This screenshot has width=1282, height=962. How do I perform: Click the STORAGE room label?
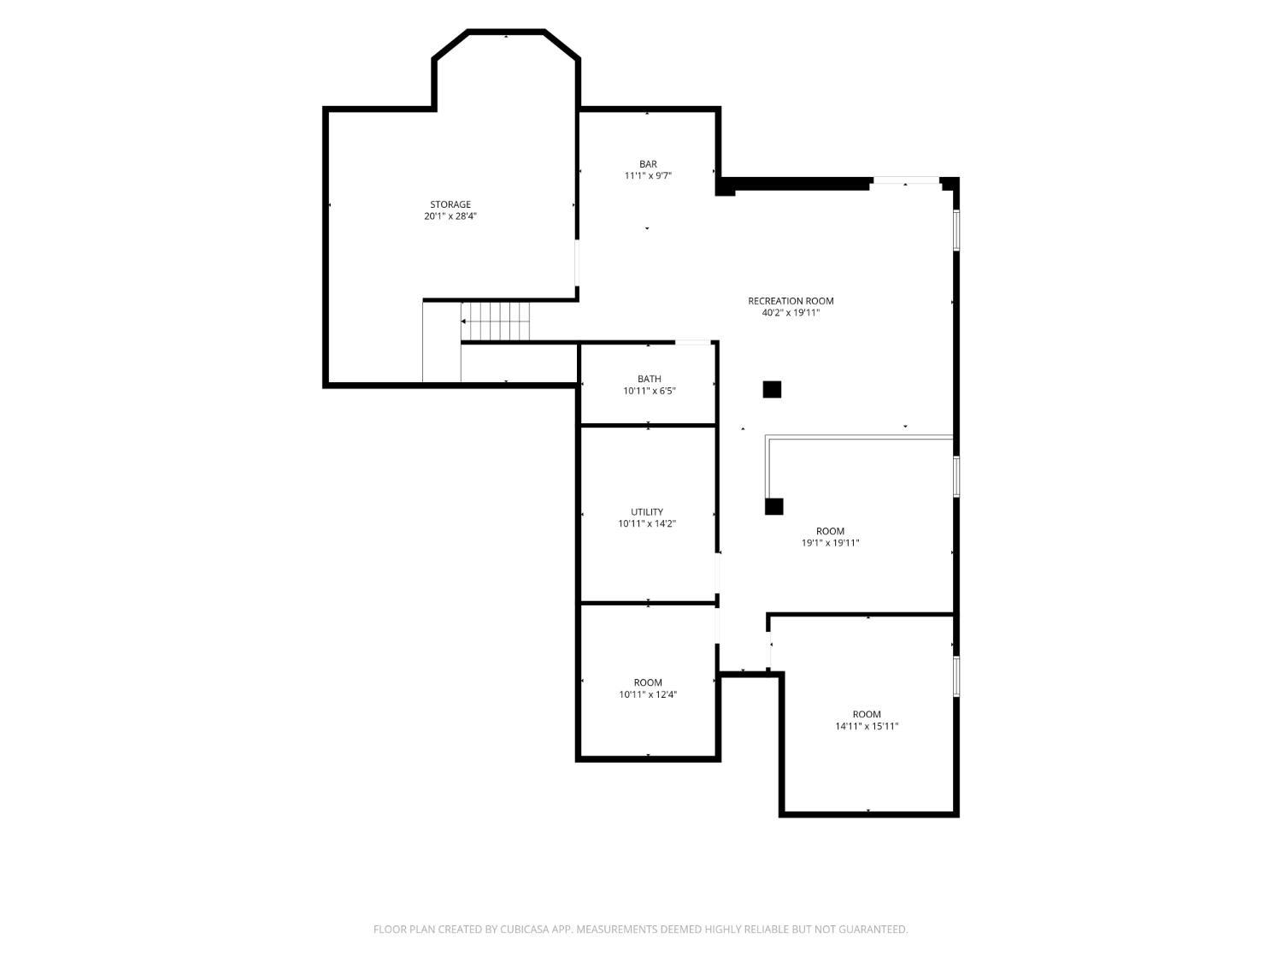(x=450, y=204)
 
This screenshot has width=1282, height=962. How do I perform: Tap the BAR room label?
(x=648, y=164)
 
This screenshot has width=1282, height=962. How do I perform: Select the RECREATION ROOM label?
(x=791, y=301)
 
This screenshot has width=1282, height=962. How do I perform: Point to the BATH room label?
(x=649, y=379)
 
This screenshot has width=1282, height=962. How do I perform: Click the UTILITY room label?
(x=646, y=511)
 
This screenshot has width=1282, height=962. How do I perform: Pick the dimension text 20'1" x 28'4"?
(x=450, y=216)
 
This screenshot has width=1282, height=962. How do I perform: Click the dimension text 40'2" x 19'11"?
(x=791, y=312)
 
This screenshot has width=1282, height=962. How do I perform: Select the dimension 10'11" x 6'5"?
(x=649, y=391)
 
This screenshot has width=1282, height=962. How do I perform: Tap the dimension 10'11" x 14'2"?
(x=646, y=523)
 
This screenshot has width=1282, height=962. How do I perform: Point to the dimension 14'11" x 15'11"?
(x=866, y=726)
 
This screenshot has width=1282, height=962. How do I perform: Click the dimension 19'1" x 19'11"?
(x=830, y=543)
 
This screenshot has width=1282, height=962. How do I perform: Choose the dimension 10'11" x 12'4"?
(x=648, y=694)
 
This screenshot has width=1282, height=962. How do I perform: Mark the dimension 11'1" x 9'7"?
(x=648, y=176)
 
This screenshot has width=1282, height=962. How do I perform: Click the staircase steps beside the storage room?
(x=495, y=322)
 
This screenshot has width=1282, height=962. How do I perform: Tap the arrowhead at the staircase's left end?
(x=463, y=322)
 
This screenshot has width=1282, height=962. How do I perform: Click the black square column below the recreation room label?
(x=772, y=390)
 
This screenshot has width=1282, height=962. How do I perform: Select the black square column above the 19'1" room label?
(x=773, y=506)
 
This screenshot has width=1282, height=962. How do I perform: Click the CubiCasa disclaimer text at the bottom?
(x=641, y=930)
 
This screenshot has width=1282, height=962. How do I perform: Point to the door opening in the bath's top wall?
(x=692, y=342)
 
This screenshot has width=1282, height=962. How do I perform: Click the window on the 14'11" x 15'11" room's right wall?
(x=956, y=676)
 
